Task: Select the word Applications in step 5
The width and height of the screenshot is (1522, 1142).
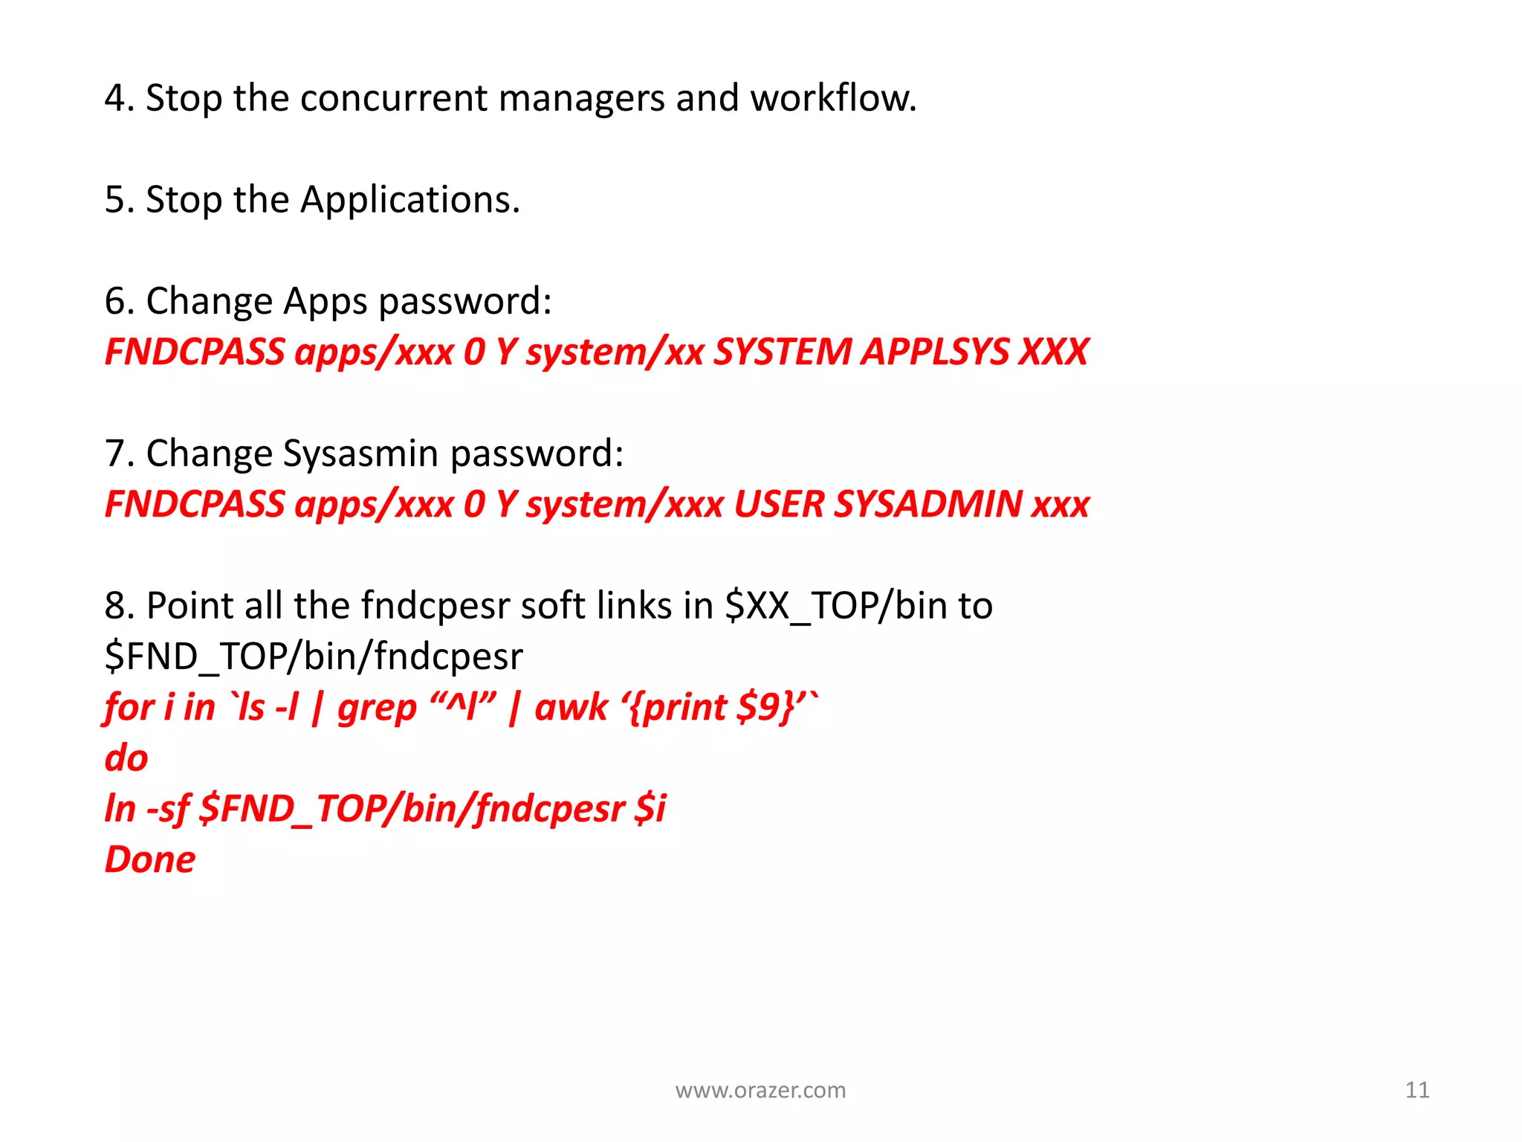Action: point(409,200)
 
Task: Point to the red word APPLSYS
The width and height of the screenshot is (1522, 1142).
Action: point(935,352)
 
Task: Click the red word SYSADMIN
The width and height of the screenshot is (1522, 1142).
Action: point(928,504)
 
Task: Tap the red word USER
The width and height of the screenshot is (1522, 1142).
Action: point(780,504)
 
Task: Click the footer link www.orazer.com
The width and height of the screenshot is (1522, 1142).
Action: point(760,1090)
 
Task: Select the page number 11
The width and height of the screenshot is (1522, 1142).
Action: point(1417,1090)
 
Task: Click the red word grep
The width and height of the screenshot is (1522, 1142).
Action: point(377,707)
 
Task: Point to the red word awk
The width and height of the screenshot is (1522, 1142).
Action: point(571,707)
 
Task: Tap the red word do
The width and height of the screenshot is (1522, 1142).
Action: point(126,758)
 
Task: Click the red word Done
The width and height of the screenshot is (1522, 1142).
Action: point(150,859)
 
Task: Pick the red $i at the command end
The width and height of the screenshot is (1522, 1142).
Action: point(650,808)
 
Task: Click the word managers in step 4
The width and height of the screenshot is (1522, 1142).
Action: point(581,98)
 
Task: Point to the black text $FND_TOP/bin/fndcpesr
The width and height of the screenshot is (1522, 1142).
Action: point(314,657)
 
